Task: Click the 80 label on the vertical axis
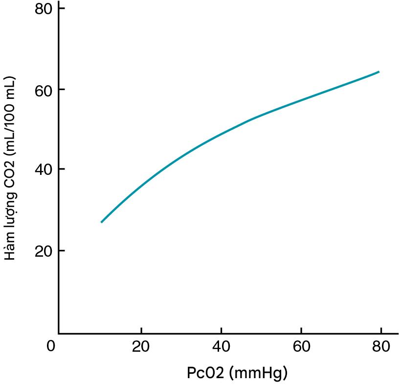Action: (x=43, y=9)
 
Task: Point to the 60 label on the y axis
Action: (x=43, y=90)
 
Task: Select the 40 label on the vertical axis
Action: (x=43, y=170)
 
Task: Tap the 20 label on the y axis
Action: (x=43, y=251)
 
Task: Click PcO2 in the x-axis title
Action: (x=205, y=373)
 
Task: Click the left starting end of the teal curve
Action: (x=101, y=222)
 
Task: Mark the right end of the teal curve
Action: (x=379, y=72)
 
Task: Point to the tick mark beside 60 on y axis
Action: (x=62, y=90)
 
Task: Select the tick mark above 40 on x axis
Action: (x=222, y=330)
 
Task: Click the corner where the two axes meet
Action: (x=59, y=333)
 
